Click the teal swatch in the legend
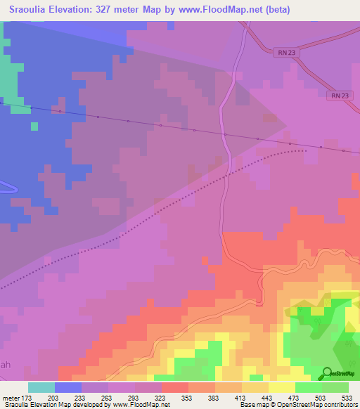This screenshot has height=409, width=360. (41, 387)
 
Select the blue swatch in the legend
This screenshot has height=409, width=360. (68, 387)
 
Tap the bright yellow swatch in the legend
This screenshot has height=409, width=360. (282, 387)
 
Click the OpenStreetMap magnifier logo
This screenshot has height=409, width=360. (327, 373)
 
